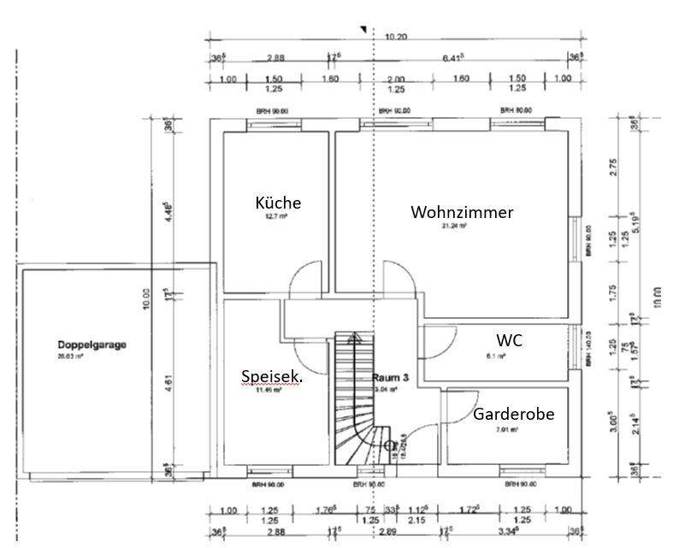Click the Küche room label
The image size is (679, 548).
pyautogui.click(x=278, y=203)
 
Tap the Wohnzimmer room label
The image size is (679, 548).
pyautogui.click(x=462, y=212)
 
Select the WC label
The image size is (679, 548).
pyautogui.click(x=510, y=340)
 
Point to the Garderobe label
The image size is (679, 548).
pyautogui.click(x=513, y=414)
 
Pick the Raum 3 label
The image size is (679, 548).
pyautogui.click(x=391, y=377)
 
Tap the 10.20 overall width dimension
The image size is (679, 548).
pyautogui.click(x=395, y=37)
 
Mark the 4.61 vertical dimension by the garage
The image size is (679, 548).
pyautogui.click(x=168, y=386)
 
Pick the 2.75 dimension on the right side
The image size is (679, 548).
pyautogui.click(x=611, y=168)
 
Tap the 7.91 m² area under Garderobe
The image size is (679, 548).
pyautogui.click(x=508, y=430)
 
